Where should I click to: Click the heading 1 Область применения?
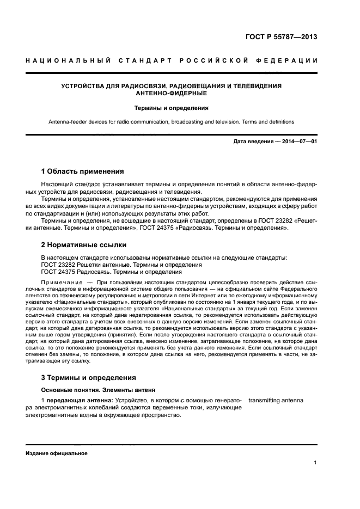point(83,171)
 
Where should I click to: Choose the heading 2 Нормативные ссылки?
point(84,245)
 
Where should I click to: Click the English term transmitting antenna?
point(276,401)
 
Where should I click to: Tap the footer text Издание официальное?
point(56,453)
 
